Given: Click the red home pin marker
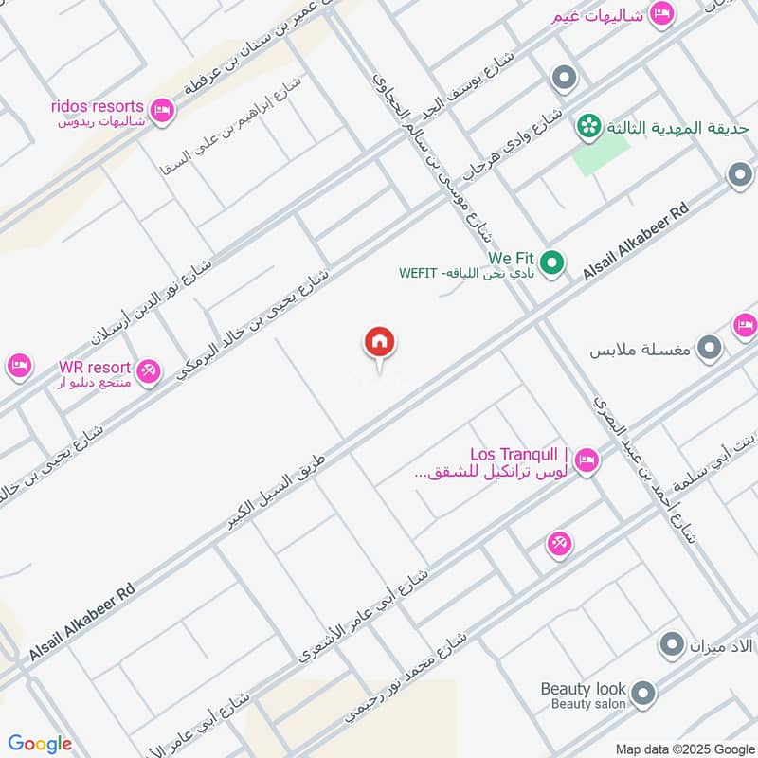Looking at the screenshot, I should click(x=380, y=342).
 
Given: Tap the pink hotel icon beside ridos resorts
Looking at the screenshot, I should click(x=162, y=111).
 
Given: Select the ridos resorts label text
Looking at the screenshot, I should click(x=98, y=106).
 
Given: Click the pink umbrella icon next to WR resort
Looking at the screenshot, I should click(x=147, y=370).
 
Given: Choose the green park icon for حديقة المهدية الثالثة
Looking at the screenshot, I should click(x=588, y=125).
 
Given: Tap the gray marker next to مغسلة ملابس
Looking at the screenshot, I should click(x=709, y=352).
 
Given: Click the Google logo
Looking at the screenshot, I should click(x=40, y=744).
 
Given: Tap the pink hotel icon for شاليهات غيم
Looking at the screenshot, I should click(x=662, y=12).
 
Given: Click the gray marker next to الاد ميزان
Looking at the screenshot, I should click(x=672, y=645).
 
